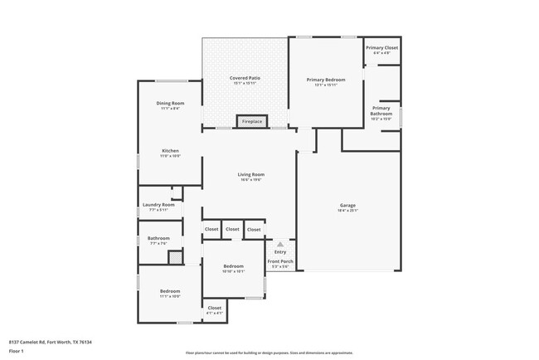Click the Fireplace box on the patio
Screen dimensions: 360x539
pyautogui.click(x=251, y=122)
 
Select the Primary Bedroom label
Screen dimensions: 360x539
pyautogui.click(x=325, y=80)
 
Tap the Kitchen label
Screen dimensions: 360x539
pyautogui.click(x=170, y=151)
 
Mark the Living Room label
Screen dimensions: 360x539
pyautogui.click(x=250, y=174)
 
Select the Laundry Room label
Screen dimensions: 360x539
pyautogui.click(x=158, y=205)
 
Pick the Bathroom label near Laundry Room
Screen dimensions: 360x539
pyautogui.click(x=158, y=239)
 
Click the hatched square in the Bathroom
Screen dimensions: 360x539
pyautogui.click(x=175, y=257)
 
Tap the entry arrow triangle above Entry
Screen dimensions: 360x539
pyautogui.click(x=280, y=245)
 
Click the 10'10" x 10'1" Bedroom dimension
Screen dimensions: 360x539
pyautogui.click(x=233, y=271)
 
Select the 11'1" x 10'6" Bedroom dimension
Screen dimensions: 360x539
pyautogui.click(x=169, y=296)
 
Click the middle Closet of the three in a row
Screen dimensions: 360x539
pyautogui.click(x=232, y=229)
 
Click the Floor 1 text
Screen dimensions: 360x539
pyautogui.click(x=17, y=352)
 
